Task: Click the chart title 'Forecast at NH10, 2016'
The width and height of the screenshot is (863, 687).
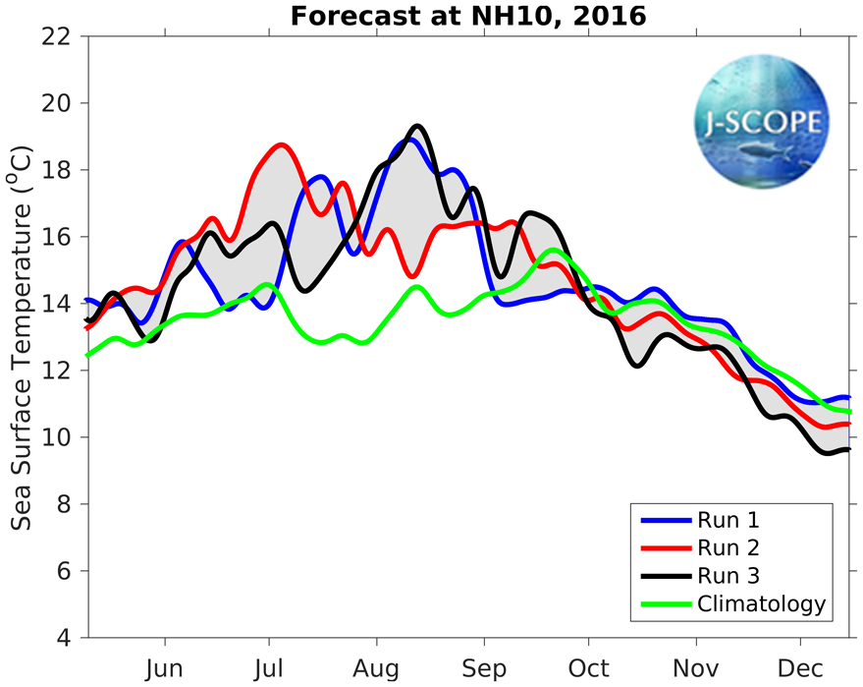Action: (468, 16)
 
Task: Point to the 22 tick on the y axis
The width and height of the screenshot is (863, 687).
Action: (62, 36)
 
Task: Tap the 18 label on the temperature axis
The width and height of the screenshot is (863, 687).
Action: (62, 170)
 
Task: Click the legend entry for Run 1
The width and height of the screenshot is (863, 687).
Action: (727, 519)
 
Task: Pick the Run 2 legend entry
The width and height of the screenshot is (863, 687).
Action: (727, 547)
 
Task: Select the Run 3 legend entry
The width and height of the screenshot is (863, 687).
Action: (727, 575)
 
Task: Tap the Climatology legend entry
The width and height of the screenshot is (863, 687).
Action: (761, 603)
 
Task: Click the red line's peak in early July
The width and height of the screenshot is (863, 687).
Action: (282, 145)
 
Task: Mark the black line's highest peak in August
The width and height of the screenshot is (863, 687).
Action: (417, 126)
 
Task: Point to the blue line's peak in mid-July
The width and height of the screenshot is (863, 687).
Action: (320, 177)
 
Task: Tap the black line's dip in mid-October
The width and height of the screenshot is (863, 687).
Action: (637, 366)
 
